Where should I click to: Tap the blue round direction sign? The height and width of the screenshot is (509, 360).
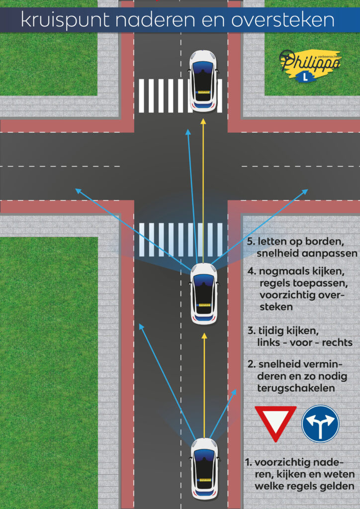[320, 424]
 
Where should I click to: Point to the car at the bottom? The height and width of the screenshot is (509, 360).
[204, 467]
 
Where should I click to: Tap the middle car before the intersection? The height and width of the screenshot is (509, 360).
[204, 293]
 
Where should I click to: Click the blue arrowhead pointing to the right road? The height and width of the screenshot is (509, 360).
[305, 191]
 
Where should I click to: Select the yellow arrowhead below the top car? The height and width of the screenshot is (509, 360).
[203, 121]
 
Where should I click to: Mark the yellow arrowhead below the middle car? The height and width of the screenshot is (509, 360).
[204, 336]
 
